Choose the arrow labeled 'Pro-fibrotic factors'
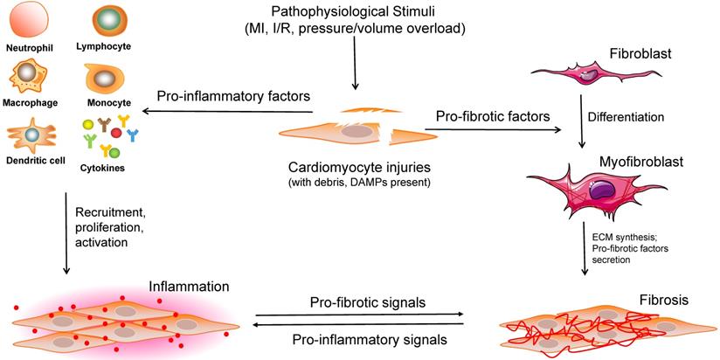(494, 130)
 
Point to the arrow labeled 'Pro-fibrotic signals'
(359, 314)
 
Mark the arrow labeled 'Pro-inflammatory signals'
(359, 324)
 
